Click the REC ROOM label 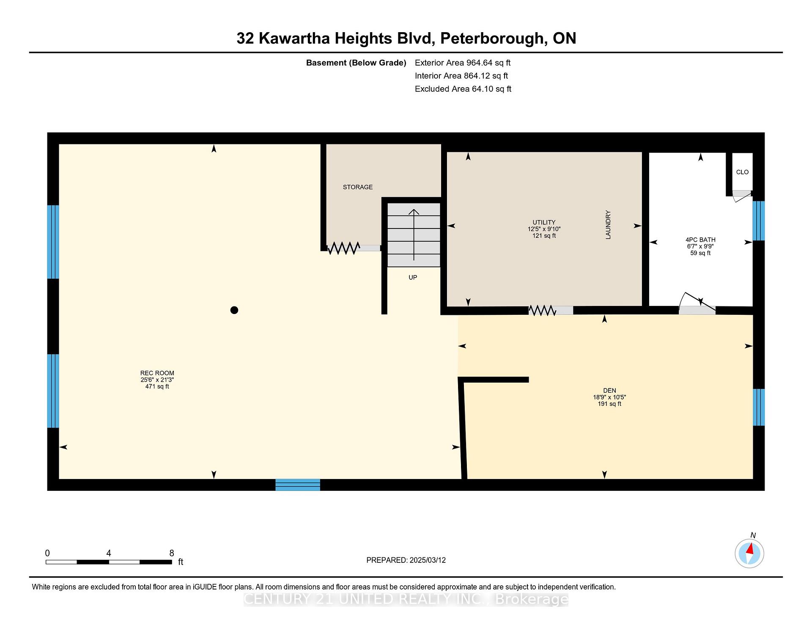point(157,373)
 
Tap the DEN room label point(609,390)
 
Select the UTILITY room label point(544,222)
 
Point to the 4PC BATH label point(700,240)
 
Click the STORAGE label point(358,187)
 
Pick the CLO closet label point(742,172)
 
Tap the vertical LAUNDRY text point(608,225)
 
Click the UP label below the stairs point(413,277)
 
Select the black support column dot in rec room point(234,310)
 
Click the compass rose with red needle point(749,553)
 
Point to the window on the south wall point(298,485)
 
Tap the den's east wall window point(759,407)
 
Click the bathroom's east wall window point(759,220)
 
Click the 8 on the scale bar point(172,553)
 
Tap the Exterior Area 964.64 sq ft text point(463,63)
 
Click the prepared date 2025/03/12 point(428,560)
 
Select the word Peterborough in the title point(491,39)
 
